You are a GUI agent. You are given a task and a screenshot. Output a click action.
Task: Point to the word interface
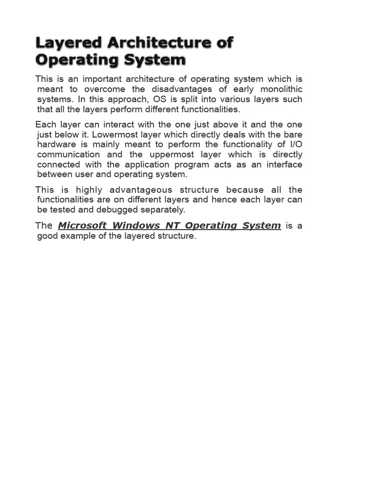(285, 165)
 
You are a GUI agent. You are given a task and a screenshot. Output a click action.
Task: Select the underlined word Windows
(134, 226)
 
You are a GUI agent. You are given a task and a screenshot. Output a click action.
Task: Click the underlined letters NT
(173, 226)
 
